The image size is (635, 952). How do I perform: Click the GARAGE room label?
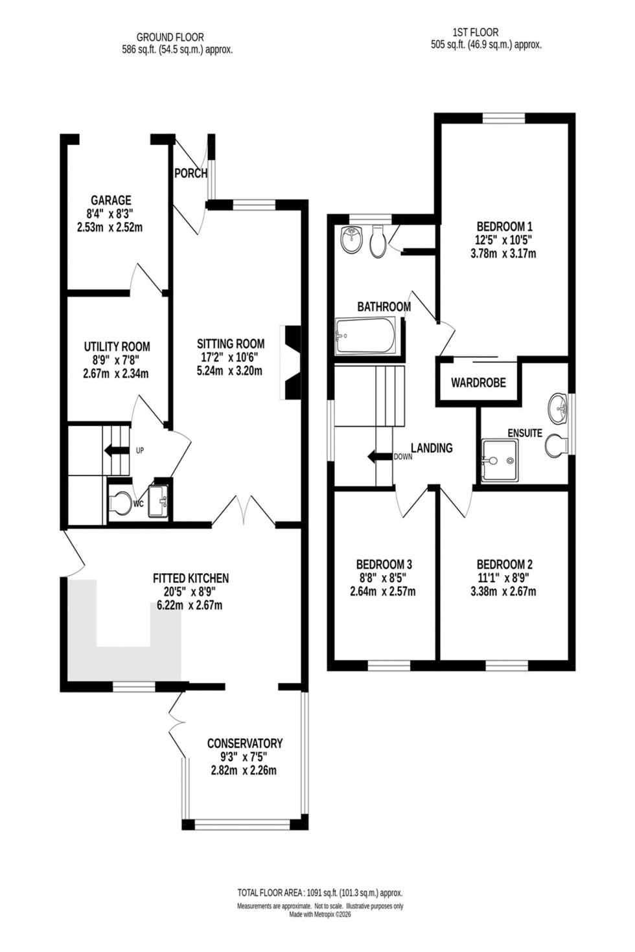[x=111, y=201]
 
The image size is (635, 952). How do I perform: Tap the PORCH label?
[x=191, y=174]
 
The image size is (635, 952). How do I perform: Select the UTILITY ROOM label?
[x=117, y=346]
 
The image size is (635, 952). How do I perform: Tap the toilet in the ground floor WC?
[x=120, y=503]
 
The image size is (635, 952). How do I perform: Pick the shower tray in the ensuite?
[x=500, y=460]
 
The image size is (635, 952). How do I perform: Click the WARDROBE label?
[x=478, y=383]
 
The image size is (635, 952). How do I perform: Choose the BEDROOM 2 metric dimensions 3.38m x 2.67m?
[x=503, y=591]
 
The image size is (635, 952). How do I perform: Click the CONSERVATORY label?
[x=244, y=743]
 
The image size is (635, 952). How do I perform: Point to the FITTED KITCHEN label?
[x=190, y=578]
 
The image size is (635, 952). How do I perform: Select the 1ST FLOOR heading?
[x=476, y=32]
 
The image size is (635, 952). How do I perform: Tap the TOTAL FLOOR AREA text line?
[x=319, y=892]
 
